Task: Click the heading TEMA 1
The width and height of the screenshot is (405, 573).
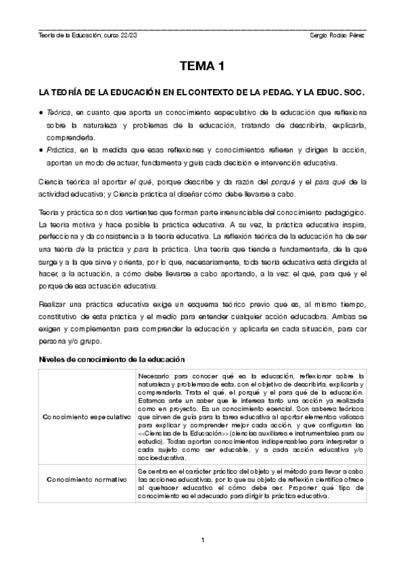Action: click(x=202, y=66)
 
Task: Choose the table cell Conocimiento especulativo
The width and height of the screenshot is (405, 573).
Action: click(x=86, y=417)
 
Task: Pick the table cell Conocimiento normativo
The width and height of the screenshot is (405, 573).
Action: click(x=86, y=479)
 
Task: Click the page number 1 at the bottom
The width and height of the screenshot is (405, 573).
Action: click(x=202, y=539)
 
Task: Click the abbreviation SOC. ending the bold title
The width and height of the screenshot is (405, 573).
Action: click(x=354, y=90)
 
